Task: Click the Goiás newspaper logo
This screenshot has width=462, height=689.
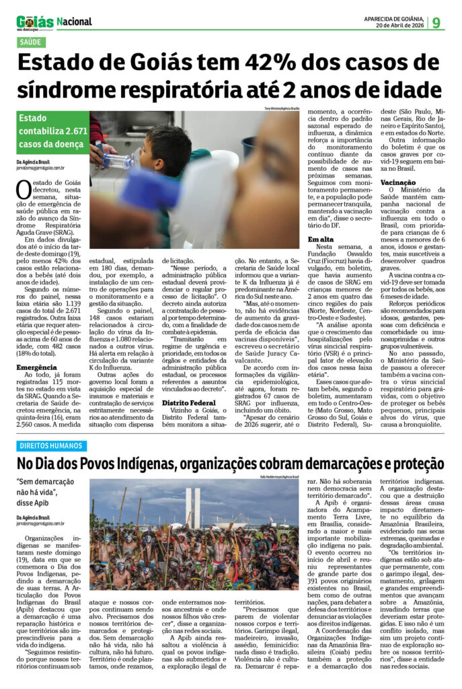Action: coord(35,22)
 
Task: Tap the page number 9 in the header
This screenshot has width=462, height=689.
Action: coord(436,22)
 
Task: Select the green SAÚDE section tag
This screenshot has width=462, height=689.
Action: coord(32,42)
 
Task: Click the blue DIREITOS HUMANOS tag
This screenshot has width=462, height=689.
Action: coord(52,445)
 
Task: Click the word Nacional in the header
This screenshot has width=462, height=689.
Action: coord(75,22)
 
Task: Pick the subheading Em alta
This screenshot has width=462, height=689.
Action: coord(321,239)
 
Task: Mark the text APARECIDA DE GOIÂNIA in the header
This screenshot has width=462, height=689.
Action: coord(393,18)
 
